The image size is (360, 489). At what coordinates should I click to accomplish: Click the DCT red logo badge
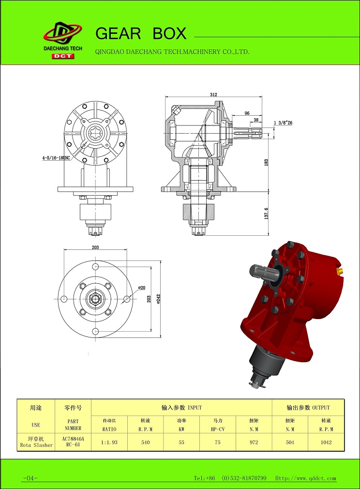62,56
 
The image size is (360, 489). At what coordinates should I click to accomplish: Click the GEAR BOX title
141,33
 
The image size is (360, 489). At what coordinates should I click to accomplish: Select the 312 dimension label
213,94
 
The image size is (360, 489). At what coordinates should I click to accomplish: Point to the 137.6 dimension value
267,214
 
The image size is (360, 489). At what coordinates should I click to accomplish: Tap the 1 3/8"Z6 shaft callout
283,123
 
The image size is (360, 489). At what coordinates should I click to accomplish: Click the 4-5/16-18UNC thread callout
56,158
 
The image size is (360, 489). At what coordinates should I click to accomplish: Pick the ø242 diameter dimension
158,299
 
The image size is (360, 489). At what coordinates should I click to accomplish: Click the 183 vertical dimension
266,163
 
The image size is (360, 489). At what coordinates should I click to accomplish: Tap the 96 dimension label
247,113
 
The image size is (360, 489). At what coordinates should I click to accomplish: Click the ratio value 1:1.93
109,442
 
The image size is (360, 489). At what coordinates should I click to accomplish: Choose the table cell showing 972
254,442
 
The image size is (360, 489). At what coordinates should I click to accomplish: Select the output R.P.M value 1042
326,442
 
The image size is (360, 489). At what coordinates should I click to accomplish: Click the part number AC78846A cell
73,439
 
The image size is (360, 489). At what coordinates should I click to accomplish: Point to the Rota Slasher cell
36,445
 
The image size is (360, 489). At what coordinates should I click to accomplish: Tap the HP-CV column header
218,429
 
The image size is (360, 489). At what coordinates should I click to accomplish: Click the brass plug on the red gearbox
339,270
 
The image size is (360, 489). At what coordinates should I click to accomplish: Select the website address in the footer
306,478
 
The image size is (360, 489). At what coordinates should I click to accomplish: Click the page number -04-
30,478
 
